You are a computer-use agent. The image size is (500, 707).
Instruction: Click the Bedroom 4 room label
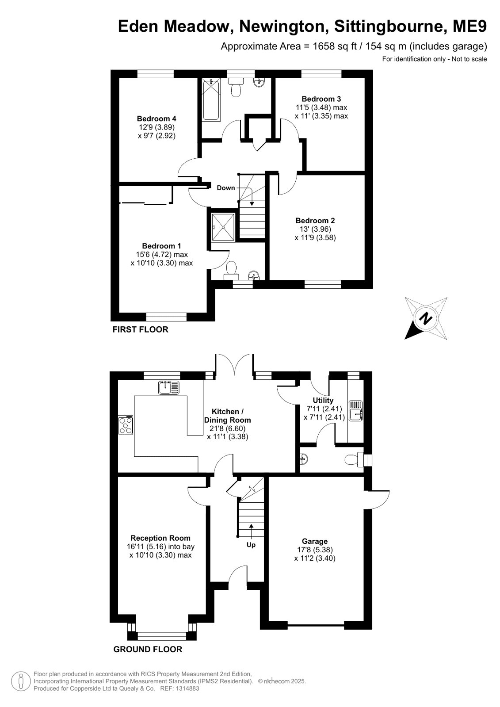pyautogui.click(x=156, y=118)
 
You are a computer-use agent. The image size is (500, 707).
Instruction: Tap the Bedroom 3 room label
pyautogui.click(x=321, y=99)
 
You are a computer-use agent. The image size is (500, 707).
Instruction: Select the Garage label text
pyautogui.click(x=315, y=542)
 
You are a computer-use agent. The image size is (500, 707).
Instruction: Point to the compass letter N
pyautogui.click(x=426, y=318)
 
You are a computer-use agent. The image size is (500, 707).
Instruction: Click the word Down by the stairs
pyautogui.click(x=226, y=188)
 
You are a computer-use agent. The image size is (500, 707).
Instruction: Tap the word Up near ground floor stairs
pyautogui.click(x=251, y=545)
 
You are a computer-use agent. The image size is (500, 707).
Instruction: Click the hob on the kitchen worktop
pyautogui.click(x=126, y=425)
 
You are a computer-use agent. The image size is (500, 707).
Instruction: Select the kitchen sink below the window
pyautogui.click(x=169, y=388)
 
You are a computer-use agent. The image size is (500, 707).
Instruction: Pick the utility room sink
pyautogui.click(x=356, y=411)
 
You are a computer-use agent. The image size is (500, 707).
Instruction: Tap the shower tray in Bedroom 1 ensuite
pyautogui.click(x=223, y=227)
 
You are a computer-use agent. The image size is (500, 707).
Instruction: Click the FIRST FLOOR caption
pyautogui.click(x=141, y=329)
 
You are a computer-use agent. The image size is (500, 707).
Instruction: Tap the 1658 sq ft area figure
pyautogui.click(x=335, y=46)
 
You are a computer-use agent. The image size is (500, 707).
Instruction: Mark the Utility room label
pyautogui.click(x=323, y=400)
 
